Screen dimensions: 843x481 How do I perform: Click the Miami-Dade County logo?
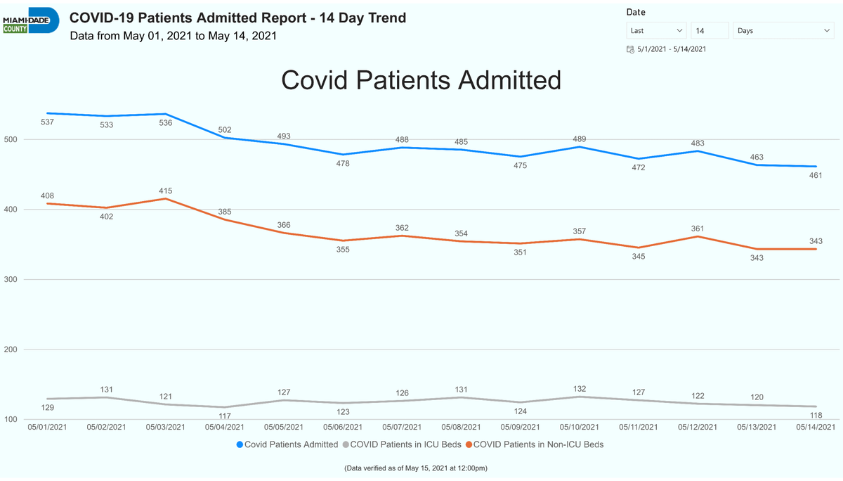(31, 20)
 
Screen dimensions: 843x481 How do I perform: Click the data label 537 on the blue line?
(48, 122)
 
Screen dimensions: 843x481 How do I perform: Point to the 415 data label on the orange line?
(166, 191)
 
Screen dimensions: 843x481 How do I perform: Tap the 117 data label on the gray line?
(225, 416)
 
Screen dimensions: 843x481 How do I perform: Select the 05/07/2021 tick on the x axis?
(402, 427)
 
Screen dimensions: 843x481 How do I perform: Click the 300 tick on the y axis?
(11, 279)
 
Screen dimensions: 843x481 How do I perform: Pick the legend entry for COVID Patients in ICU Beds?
(402, 444)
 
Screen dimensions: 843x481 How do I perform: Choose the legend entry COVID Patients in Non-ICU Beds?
(535, 444)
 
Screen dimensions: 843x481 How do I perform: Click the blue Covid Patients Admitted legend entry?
(287, 444)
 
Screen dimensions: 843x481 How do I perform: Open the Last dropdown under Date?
(656, 30)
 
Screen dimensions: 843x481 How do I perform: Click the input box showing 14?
(710, 30)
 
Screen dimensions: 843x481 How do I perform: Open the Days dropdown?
(783, 30)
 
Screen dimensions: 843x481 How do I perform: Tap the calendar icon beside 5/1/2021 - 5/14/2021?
(630, 49)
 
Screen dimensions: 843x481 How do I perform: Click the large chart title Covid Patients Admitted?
(421, 80)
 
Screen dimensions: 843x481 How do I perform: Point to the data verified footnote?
(416, 468)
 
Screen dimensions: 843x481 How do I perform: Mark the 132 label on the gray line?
(580, 389)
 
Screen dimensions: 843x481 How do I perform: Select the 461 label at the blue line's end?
(816, 175)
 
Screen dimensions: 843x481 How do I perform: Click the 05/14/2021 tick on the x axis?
(816, 427)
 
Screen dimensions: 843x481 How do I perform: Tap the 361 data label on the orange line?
(698, 229)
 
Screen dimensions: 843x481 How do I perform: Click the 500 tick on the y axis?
(11, 139)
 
